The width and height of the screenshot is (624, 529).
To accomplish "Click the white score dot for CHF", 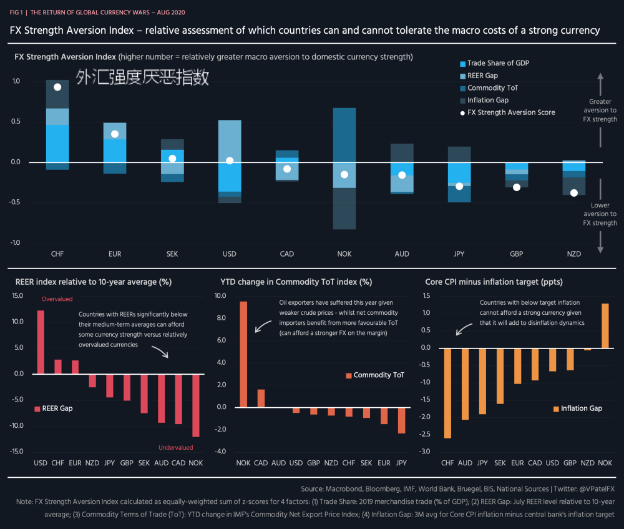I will coord(57,87).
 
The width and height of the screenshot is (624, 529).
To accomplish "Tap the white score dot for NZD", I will coord(574,193).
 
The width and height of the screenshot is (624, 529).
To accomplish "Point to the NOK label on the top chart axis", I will coord(344,254).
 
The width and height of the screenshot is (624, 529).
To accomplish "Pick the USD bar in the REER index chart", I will coord(41,342).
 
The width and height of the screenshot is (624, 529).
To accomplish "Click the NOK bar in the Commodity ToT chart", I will coord(243,354).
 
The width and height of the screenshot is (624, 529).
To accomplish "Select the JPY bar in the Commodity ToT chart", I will coord(402,420).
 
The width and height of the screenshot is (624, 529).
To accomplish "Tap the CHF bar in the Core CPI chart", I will coord(447,393).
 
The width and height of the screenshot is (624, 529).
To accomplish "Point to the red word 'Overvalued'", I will coord(57,299).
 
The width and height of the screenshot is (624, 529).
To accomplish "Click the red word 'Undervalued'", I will coord(176,447).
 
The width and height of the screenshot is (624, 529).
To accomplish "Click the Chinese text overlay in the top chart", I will coord(142,77).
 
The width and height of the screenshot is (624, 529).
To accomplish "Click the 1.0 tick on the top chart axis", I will coord(16,81).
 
